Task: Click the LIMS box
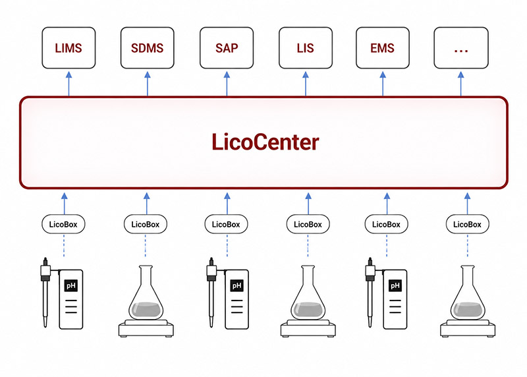69,47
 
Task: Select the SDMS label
147,48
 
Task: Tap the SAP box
227,47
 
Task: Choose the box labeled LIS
306,47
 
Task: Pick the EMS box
383,47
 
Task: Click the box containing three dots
460,47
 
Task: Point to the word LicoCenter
265,142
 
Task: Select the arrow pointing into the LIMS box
69,84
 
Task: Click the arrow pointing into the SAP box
227,84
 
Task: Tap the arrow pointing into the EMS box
383,84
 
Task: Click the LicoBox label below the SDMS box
146,224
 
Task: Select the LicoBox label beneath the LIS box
308,224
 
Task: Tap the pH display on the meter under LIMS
71,286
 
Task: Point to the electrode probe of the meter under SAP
211,292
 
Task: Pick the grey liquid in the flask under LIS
308,310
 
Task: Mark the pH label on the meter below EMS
395,286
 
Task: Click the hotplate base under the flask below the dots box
468,328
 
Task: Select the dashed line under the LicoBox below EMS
387,245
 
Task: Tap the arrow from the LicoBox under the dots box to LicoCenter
467,204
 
